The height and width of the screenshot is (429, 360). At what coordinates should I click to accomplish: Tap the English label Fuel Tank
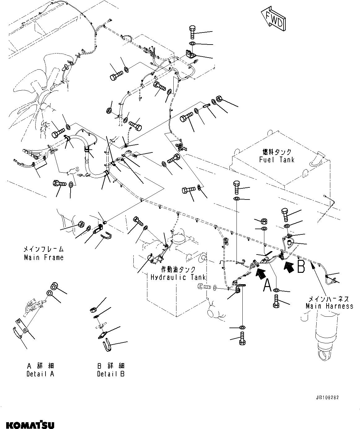click(x=277, y=160)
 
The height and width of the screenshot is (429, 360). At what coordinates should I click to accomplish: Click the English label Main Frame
click(x=44, y=257)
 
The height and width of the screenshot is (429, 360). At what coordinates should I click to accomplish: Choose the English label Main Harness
click(x=329, y=306)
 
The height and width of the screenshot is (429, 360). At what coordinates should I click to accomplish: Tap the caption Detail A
click(x=40, y=374)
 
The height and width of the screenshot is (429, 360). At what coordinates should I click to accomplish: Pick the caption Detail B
click(x=111, y=374)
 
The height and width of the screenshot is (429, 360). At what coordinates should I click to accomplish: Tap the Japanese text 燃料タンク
click(x=277, y=152)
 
